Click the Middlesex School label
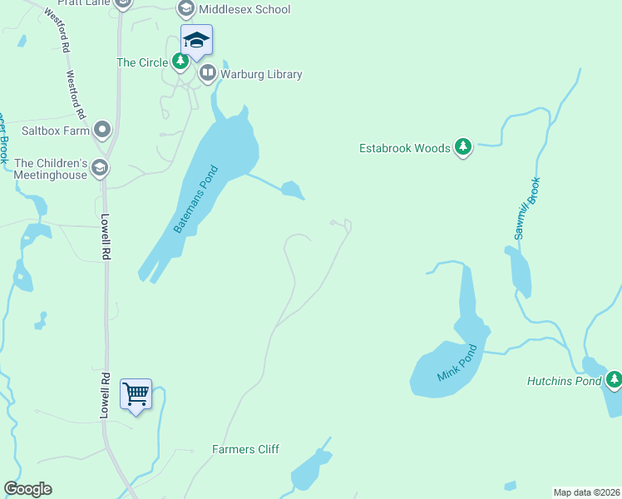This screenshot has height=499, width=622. pyautogui.click(x=244, y=9)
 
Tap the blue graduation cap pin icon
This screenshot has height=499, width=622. pyautogui.click(x=197, y=41)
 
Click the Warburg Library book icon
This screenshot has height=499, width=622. pyautogui.click(x=207, y=74)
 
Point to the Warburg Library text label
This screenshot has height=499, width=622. pyautogui.click(x=260, y=74)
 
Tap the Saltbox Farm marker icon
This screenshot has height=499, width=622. pyautogui.click(x=102, y=129)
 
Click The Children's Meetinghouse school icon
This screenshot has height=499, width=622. pyautogui.click(x=100, y=169)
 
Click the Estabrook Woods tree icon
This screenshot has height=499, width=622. pyautogui.click(x=463, y=148)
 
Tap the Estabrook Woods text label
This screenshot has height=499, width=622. pyautogui.click(x=404, y=148)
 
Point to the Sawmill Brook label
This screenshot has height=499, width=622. pyautogui.click(x=527, y=209)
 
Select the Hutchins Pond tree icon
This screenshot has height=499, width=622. pyautogui.click(x=614, y=380)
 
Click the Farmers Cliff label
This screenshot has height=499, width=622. pyautogui.click(x=245, y=449)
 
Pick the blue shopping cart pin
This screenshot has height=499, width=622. pyautogui.click(x=136, y=393)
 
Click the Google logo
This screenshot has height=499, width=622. pyautogui.click(x=27, y=489)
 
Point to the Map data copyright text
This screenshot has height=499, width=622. pyautogui.click(x=586, y=492)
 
